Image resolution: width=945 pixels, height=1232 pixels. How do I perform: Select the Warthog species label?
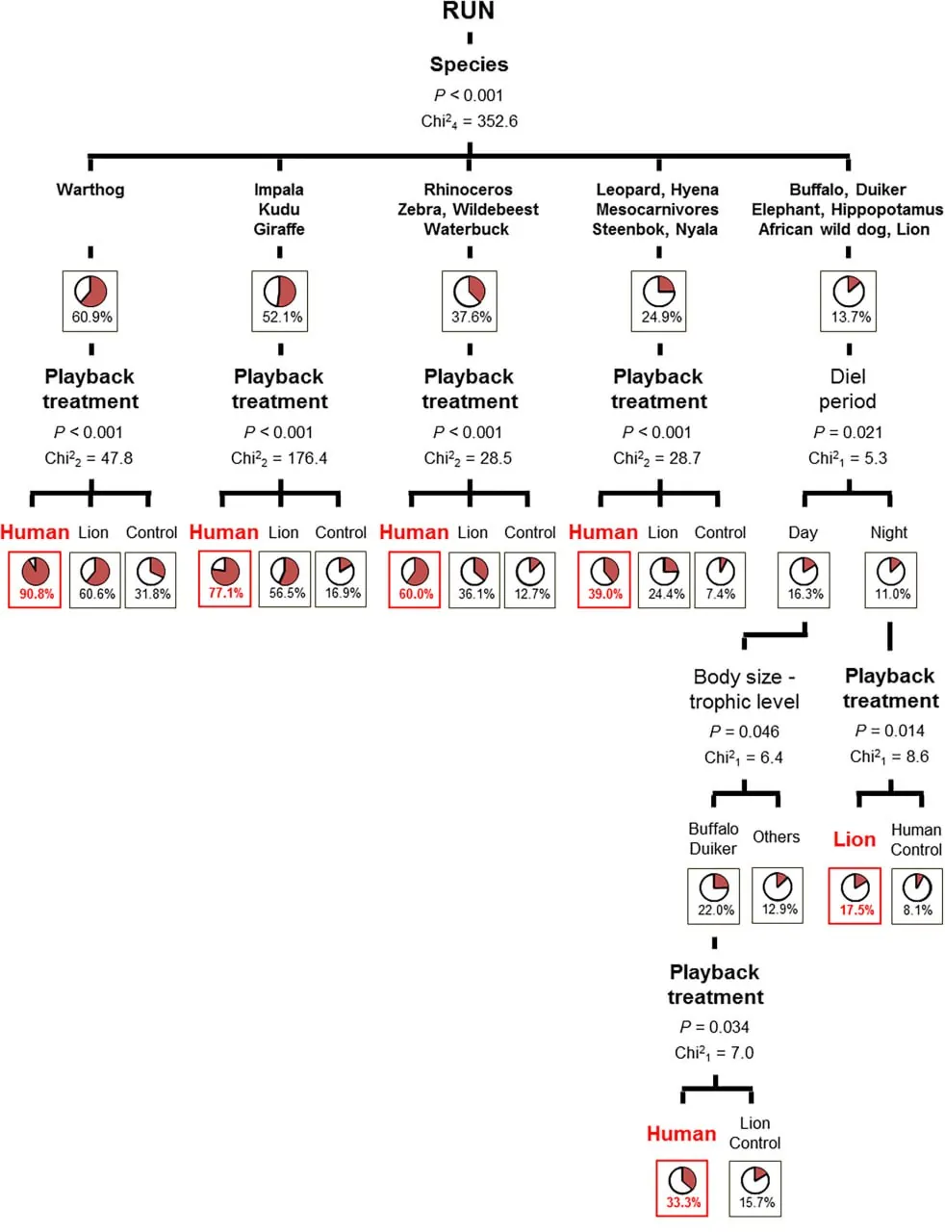[x=90, y=190]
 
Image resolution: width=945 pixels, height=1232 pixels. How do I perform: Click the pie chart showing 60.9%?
[x=90, y=292]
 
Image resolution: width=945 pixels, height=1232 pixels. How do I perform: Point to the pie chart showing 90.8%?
[x=36, y=572]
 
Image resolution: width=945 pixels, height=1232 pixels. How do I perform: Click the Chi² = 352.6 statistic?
[x=469, y=121]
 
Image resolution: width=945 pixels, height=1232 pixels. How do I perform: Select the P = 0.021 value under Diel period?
[x=848, y=432]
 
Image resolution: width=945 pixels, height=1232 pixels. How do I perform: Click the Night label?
[x=888, y=532]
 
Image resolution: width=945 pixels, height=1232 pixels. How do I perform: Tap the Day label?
[x=803, y=532]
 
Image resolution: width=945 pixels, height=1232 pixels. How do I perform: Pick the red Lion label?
[x=855, y=839]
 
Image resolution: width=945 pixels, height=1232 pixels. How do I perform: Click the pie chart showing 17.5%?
[x=855, y=886]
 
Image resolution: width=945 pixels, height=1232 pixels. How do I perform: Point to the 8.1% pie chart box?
[x=917, y=896]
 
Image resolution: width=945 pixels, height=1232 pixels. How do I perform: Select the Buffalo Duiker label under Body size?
[x=713, y=838]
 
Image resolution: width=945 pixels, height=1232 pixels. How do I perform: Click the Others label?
[x=776, y=837]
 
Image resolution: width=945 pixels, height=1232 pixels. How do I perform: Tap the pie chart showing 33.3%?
[x=682, y=1180]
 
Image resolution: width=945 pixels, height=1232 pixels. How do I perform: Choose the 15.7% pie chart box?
[x=755, y=1190]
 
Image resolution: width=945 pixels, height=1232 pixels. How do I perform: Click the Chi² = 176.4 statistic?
[x=279, y=458]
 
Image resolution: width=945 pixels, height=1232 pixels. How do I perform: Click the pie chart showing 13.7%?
[x=849, y=292]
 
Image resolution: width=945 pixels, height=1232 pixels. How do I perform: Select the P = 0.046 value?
[x=744, y=731]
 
